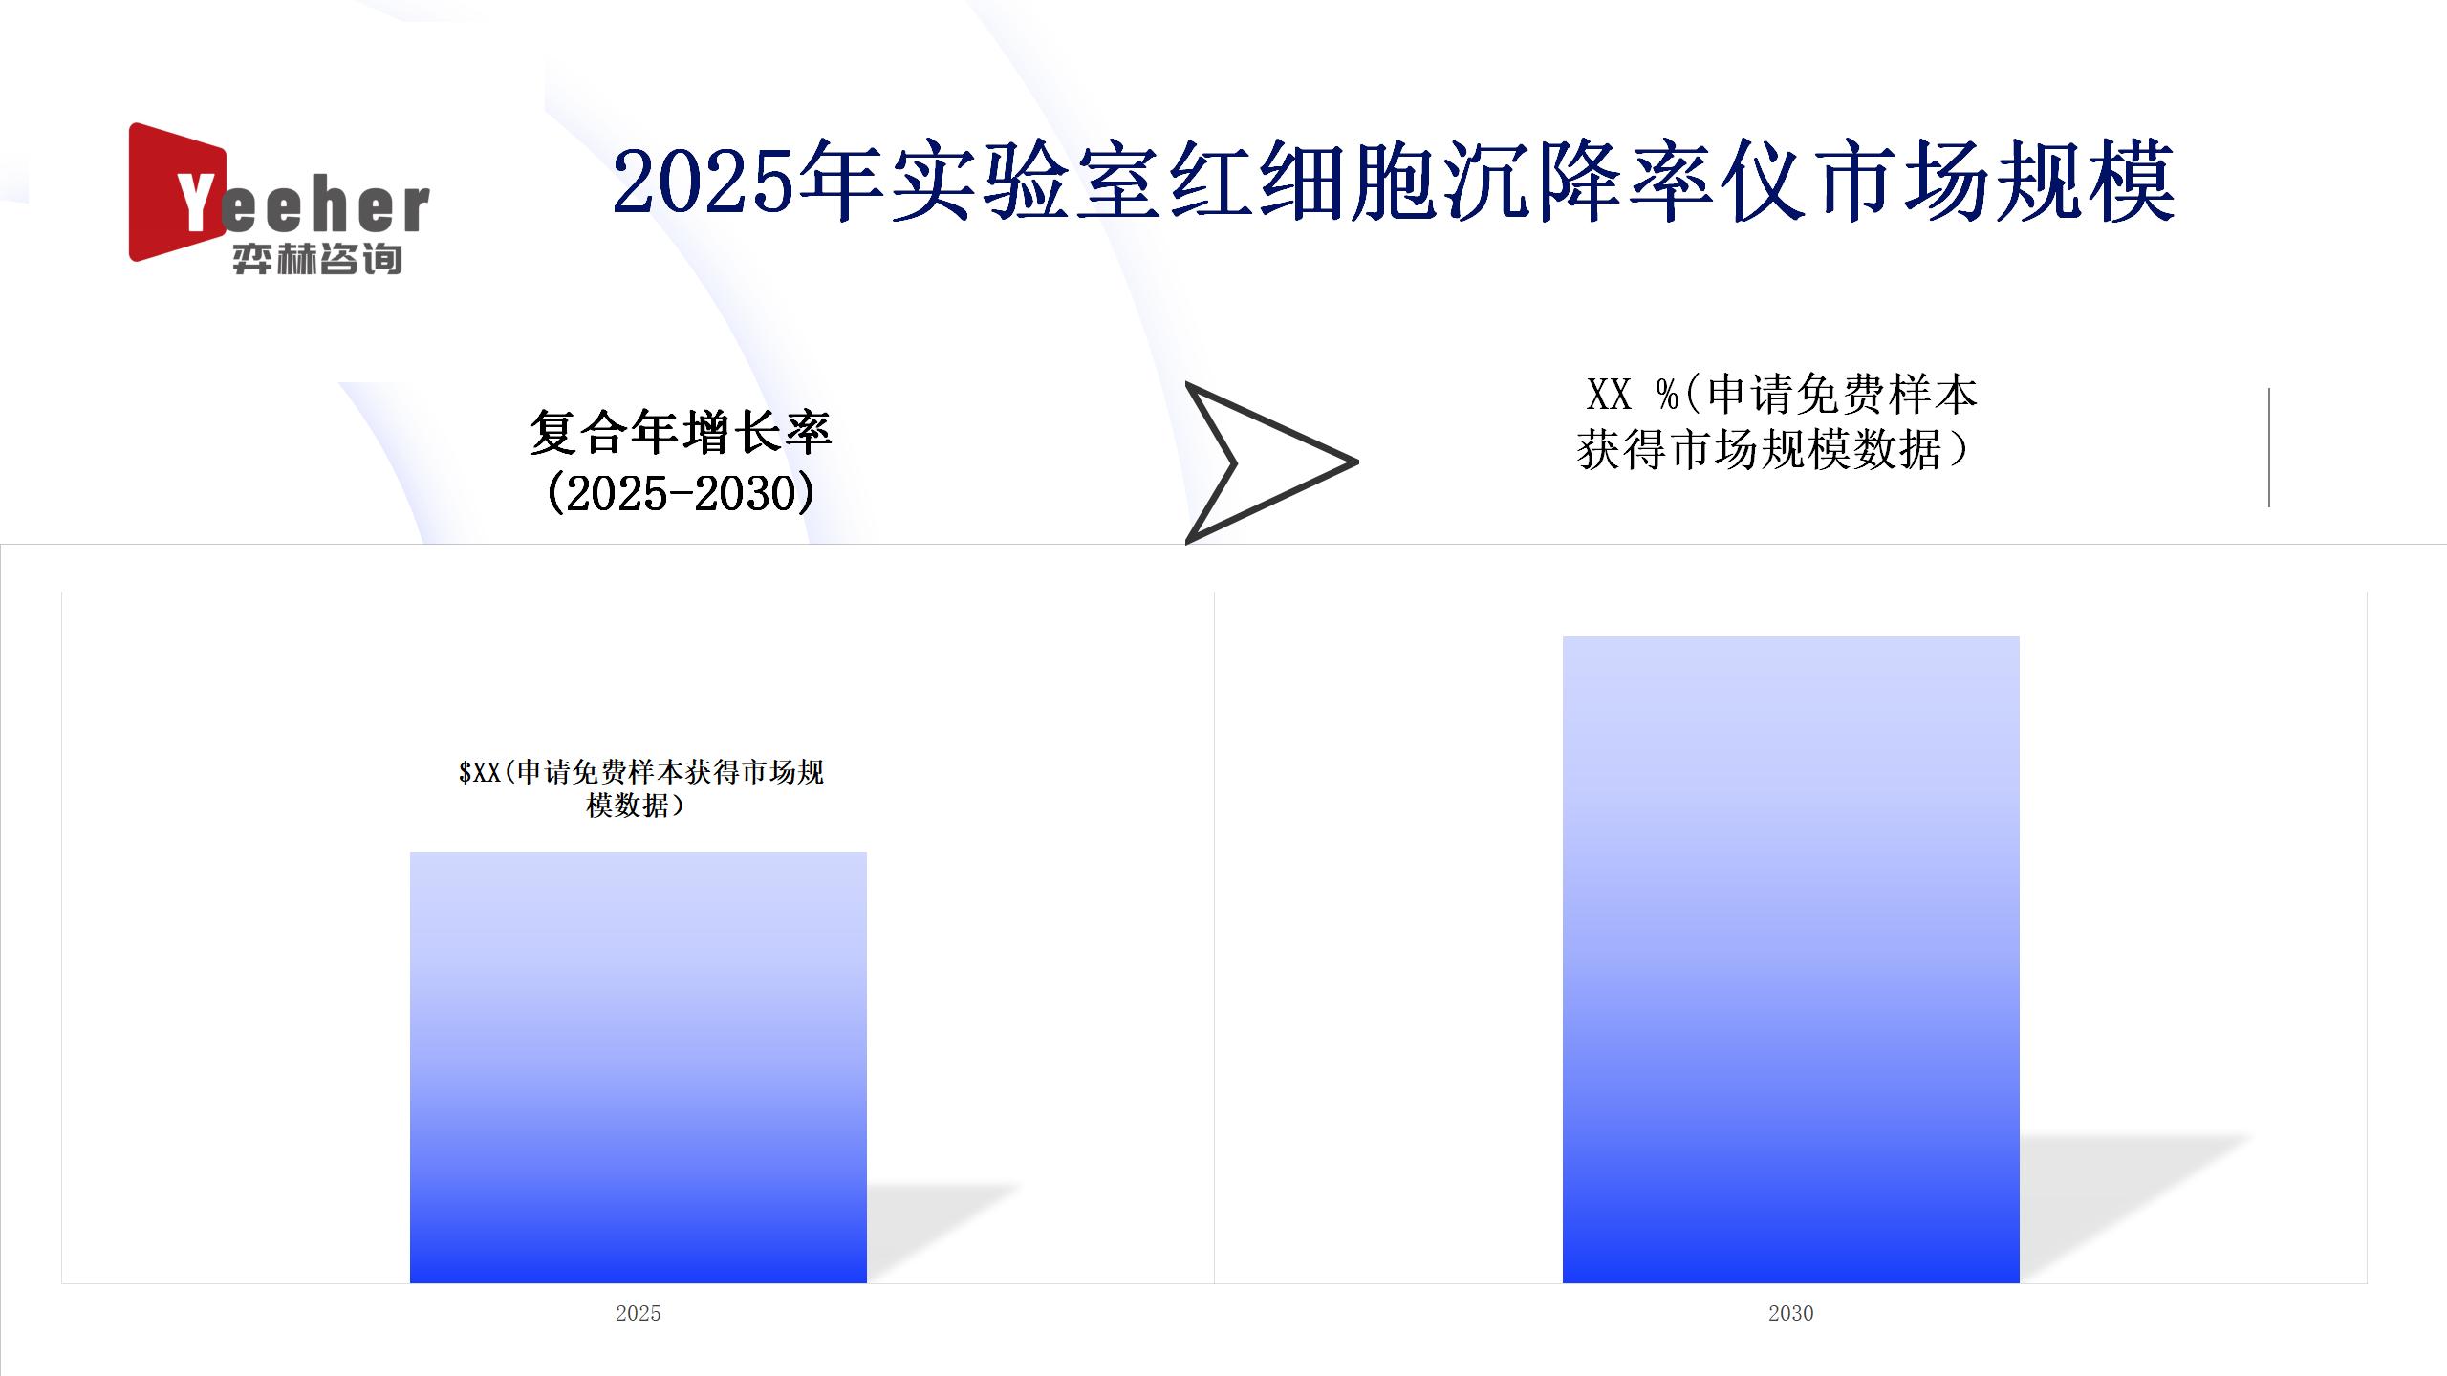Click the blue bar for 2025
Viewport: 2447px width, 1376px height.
639,1067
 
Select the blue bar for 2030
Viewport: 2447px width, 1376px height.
1790,959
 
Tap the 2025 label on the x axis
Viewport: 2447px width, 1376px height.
639,1313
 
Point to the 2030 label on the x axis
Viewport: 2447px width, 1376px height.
1790,1313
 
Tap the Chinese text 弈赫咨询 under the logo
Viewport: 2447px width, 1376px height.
317,259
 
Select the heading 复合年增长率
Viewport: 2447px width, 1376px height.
681,433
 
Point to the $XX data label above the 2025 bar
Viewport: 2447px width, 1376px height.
640,788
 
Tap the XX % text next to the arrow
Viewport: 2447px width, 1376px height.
1633,394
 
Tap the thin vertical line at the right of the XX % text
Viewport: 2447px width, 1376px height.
2269,447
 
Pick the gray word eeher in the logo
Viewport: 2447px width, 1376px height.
325,206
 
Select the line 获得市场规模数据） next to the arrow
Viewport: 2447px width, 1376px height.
1774,450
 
